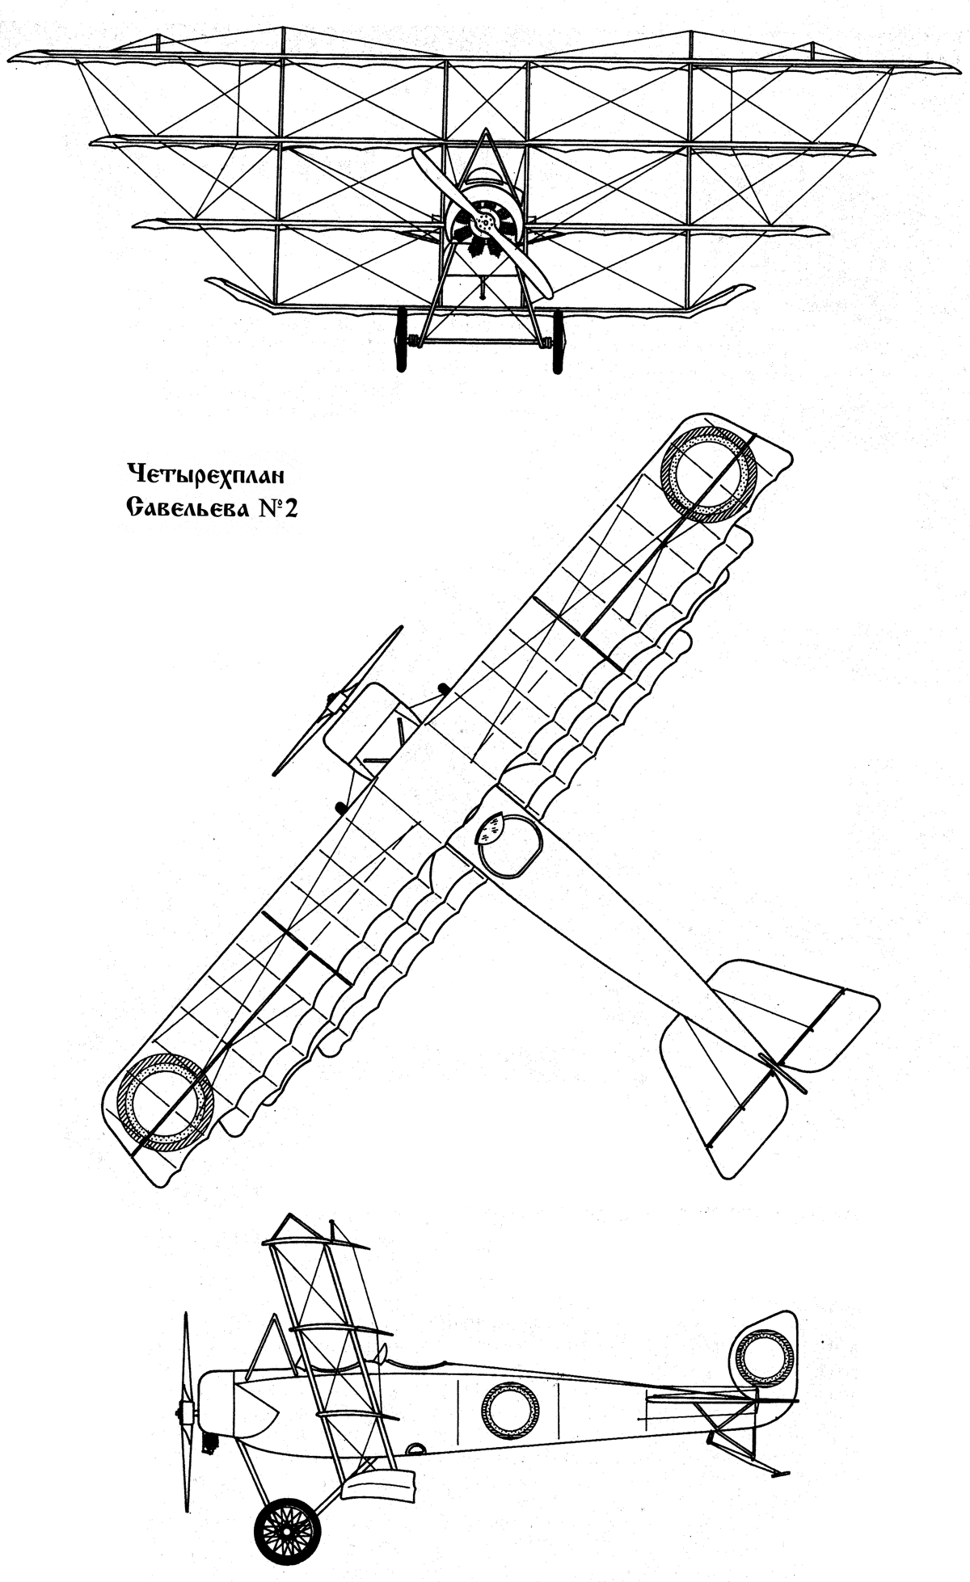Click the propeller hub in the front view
click(483, 221)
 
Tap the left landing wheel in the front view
click(400, 340)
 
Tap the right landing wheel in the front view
click(557, 340)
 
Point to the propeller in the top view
click(337, 700)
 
